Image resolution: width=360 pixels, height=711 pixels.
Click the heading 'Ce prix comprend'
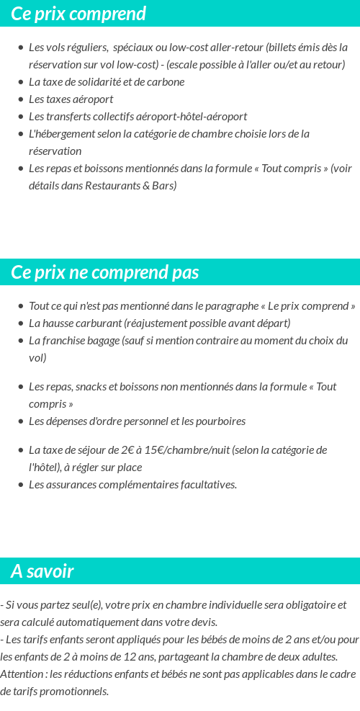point(78,14)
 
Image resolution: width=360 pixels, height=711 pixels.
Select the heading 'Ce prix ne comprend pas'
point(105,272)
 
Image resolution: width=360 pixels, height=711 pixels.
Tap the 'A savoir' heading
point(42,571)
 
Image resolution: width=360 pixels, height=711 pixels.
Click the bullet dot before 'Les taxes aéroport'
point(20,99)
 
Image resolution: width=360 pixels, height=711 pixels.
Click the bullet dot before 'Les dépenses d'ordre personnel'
point(20,421)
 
